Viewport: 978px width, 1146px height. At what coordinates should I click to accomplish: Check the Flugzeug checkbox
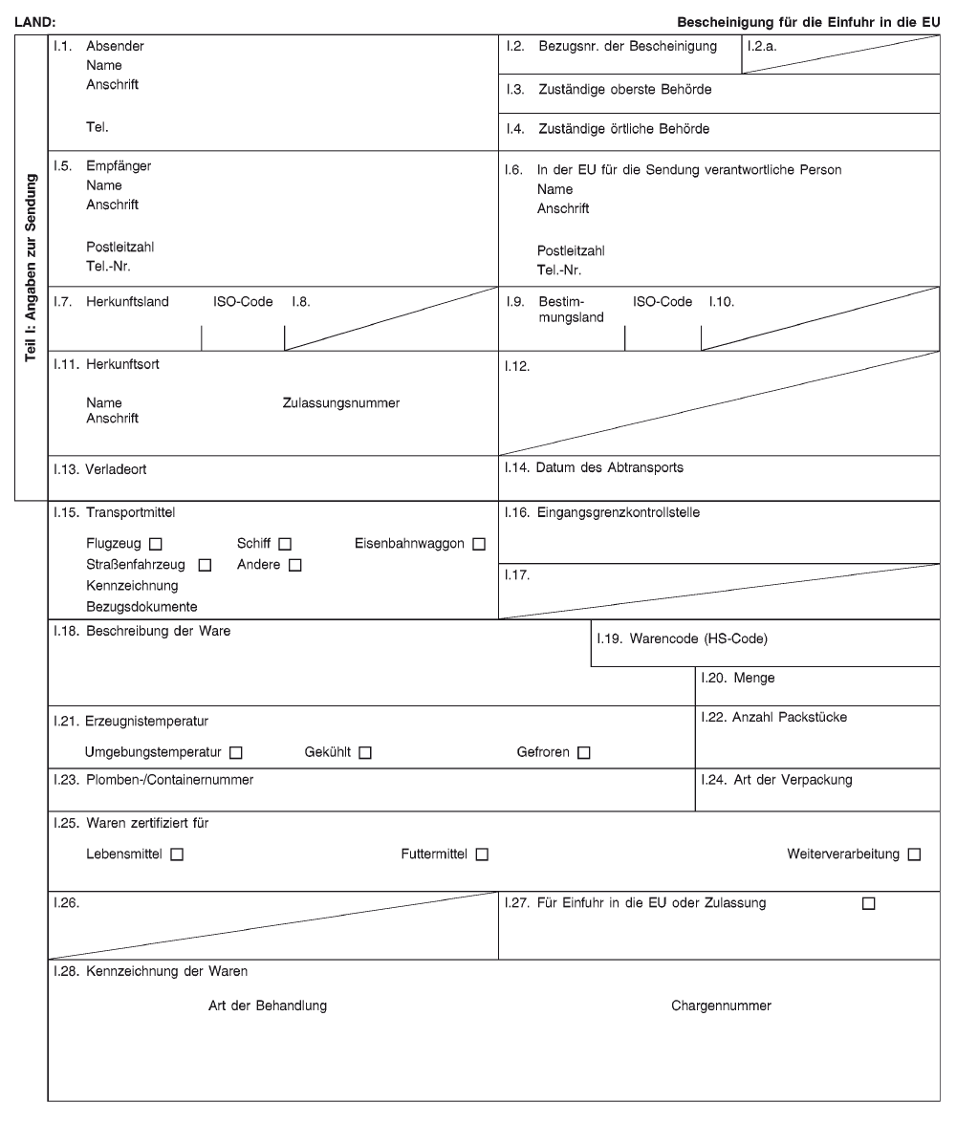pyautogui.click(x=155, y=545)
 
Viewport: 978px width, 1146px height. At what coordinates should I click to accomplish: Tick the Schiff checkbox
pyautogui.click(x=285, y=545)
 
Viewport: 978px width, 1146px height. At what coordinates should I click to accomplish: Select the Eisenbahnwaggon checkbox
pyautogui.click(x=479, y=545)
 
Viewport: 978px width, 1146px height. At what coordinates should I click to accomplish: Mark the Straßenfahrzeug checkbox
pyautogui.click(x=205, y=565)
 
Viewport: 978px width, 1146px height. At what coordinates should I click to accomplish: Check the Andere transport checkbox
pyautogui.click(x=294, y=565)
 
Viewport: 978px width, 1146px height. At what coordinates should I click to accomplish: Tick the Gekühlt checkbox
pyautogui.click(x=365, y=753)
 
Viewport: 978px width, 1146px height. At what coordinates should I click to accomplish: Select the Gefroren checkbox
pyautogui.click(x=583, y=753)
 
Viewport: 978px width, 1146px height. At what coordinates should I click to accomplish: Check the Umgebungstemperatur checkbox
pyautogui.click(x=235, y=753)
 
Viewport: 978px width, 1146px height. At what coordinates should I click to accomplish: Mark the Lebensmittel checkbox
pyautogui.click(x=177, y=854)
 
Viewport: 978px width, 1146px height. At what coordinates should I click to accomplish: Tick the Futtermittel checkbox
pyautogui.click(x=482, y=854)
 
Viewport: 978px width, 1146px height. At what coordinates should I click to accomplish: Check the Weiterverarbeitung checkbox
pyautogui.click(x=914, y=854)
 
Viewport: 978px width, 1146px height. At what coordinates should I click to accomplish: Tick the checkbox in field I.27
pyautogui.click(x=868, y=903)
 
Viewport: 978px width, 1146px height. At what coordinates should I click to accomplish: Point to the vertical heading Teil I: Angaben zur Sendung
pyautogui.click(x=32, y=270)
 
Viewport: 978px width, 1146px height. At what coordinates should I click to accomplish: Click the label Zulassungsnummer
pyautogui.click(x=340, y=403)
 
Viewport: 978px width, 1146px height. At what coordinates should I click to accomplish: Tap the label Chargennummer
pyautogui.click(x=721, y=1005)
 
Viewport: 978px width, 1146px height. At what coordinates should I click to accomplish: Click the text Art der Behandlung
pyautogui.click(x=268, y=1005)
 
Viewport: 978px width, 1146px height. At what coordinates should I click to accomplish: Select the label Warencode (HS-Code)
pyautogui.click(x=698, y=639)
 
